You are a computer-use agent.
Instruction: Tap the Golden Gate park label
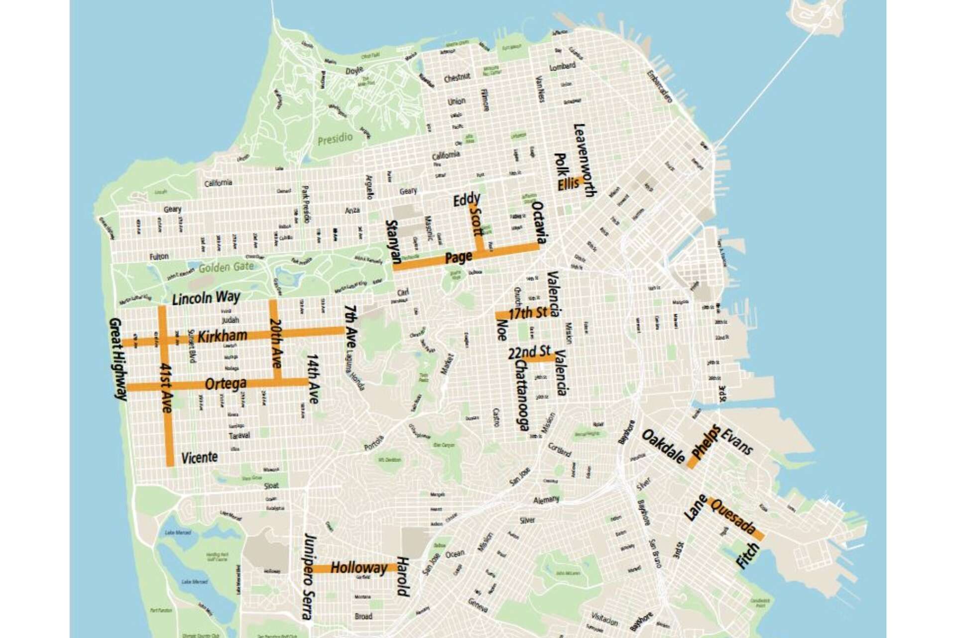click(226, 267)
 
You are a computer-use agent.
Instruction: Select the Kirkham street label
click(222, 336)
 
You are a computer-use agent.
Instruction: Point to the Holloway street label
click(358, 567)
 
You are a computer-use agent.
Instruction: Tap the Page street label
click(458, 257)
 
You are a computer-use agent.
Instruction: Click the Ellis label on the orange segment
click(568, 184)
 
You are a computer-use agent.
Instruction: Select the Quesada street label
click(734, 518)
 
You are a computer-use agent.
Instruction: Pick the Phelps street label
click(706, 441)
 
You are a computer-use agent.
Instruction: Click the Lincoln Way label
click(206, 298)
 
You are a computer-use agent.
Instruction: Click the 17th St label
click(527, 313)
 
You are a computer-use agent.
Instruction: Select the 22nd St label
click(529, 352)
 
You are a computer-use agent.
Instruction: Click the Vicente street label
click(199, 457)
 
